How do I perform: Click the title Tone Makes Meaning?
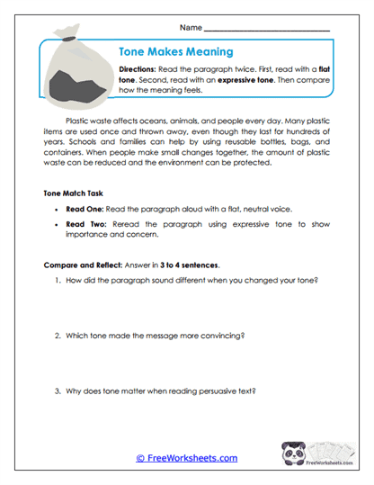(176, 52)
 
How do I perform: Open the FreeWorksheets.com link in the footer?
(187, 458)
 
